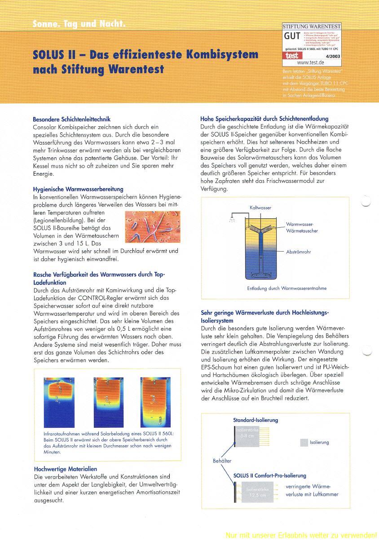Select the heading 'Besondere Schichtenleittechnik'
[71, 120]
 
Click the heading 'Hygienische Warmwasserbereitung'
[78, 189]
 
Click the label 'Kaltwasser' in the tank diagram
[260, 208]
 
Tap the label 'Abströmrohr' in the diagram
[299, 252]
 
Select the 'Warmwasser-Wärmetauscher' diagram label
[302, 227]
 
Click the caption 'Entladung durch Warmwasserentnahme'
[286, 288]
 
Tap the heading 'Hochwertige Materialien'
[65, 469]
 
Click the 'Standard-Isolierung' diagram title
[256, 420]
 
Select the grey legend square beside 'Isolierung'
[304, 443]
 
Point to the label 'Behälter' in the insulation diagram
[222, 461]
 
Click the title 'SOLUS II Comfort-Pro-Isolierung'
[270, 475]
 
